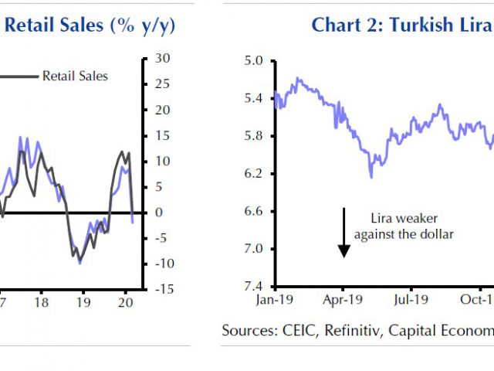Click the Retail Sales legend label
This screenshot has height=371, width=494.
[x=75, y=76]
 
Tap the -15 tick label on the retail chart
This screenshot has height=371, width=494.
[x=160, y=289]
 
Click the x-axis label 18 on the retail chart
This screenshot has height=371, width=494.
[x=42, y=302]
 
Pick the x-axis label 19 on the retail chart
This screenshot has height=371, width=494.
[x=84, y=302]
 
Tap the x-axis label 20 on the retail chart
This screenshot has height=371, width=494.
[x=127, y=302]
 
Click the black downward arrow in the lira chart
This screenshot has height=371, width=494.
[x=344, y=232]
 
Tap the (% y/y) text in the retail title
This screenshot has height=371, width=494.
[x=144, y=25]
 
